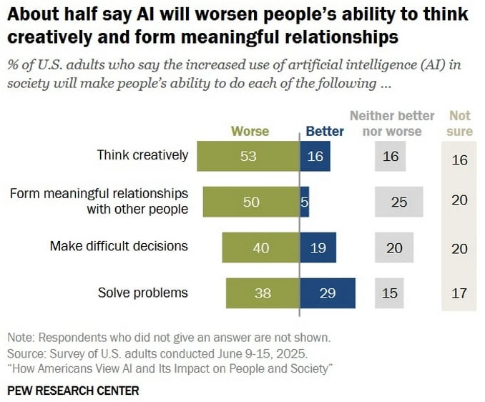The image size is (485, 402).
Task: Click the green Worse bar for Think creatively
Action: [248, 156]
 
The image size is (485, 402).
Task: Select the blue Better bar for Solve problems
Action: [328, 293]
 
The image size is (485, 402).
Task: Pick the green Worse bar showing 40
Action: [260, 247]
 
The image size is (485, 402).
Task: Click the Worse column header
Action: [250, 131]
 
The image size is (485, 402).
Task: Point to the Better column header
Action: [325, 131]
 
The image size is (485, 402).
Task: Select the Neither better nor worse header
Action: [391, 123]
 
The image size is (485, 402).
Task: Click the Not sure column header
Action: [459, 123]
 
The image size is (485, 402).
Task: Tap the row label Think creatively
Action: [142, 155]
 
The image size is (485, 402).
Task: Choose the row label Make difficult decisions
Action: [119, 246]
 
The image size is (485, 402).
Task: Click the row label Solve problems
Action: [142, 293]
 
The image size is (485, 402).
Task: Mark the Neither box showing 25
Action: [398, 202]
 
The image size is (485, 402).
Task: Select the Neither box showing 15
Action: [390, 293]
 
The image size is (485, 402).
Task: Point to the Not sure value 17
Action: [459, 293]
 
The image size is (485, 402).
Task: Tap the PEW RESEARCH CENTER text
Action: [73, 391]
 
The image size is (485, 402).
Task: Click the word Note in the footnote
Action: [21, 338]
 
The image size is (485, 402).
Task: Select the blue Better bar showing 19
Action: [318, 247]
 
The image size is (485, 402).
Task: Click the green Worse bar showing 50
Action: [251, 202]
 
